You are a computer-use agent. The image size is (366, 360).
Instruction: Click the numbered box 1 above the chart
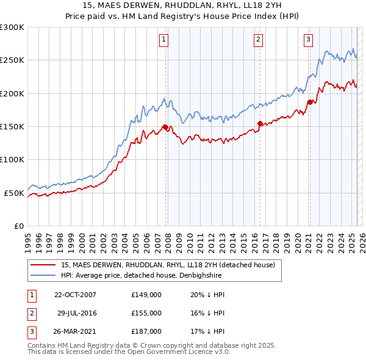[x=165, y=40]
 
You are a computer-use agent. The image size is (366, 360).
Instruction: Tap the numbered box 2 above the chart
[x=259, y=40]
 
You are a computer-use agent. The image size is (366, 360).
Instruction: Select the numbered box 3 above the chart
[x=309, y=40]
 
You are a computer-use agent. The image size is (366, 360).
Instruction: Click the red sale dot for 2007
[x=165, y=127]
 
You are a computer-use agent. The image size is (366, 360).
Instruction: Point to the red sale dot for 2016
[x=260, y=123]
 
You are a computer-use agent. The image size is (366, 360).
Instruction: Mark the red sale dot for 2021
[x=310, y=102]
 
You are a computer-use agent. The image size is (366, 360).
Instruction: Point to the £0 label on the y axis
[x=18, y=226]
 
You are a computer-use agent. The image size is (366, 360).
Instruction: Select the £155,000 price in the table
[x=146, y=313]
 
